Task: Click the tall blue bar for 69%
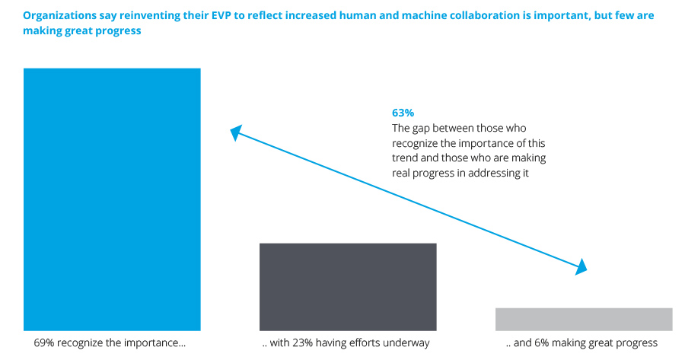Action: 112,199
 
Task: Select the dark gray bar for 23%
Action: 348,287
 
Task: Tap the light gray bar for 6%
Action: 584,319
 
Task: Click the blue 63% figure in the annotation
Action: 403,113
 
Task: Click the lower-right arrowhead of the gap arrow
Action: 581,267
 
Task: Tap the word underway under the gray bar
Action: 408,343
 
